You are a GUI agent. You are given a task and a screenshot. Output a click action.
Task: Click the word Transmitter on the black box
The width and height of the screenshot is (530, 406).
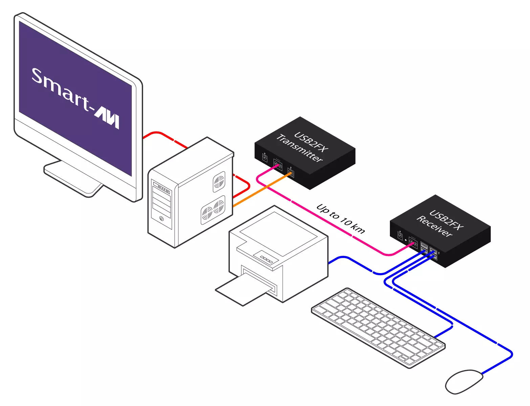[x=300, y=148]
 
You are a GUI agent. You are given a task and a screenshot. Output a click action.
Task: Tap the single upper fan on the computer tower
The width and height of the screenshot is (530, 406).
[x=219, y=182]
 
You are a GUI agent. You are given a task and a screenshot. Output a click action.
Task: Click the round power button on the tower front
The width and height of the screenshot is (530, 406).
[x=161, y=219]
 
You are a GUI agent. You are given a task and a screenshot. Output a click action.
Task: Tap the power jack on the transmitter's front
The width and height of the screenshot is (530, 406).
[x=265, y=158]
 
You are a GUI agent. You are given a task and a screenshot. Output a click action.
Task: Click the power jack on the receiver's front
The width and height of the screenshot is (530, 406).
[x=400, y=235]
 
